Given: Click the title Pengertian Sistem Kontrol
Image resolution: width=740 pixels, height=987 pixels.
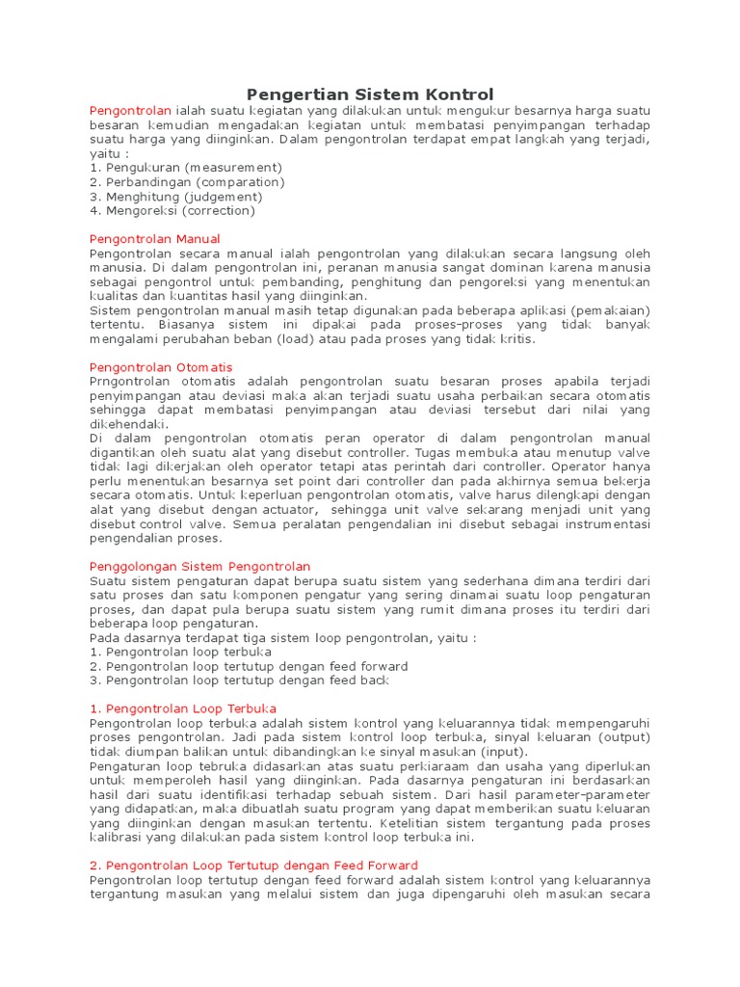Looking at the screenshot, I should click(x=370, y=93).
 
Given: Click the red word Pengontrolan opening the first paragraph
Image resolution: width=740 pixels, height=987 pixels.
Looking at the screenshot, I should click(x=130, y=110).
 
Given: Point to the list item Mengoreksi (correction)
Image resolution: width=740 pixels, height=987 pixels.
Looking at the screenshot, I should click(x=172, y=210).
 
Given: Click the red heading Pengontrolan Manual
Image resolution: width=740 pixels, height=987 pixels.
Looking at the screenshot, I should click(x=154, y=238).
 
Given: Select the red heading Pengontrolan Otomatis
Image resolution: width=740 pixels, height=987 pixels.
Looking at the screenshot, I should click(x=161, y=367).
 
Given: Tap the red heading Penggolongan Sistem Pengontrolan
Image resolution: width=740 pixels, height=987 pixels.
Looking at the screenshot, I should click(x=199, y=566).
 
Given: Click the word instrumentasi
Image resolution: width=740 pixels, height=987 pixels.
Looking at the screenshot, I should click(x=603, y=524).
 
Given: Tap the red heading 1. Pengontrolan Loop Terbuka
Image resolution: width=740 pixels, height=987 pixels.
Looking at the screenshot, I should click(x=183, y=708).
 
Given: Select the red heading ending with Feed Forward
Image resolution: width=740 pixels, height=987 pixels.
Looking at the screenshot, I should click(x=253, y=866).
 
